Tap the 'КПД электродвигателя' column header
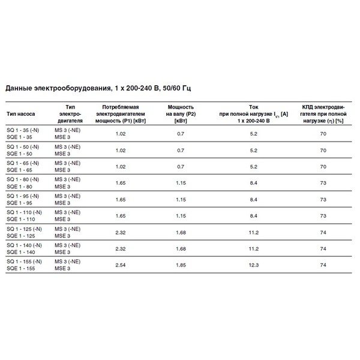pos(322,113)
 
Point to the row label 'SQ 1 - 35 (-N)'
pos(23,130)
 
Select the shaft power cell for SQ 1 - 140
pos(181,247)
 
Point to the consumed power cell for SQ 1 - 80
pos(120,182)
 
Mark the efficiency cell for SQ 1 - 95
pos(322,199)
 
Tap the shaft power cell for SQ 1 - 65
pos(181,166)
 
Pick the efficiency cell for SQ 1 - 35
pos(322,134)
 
